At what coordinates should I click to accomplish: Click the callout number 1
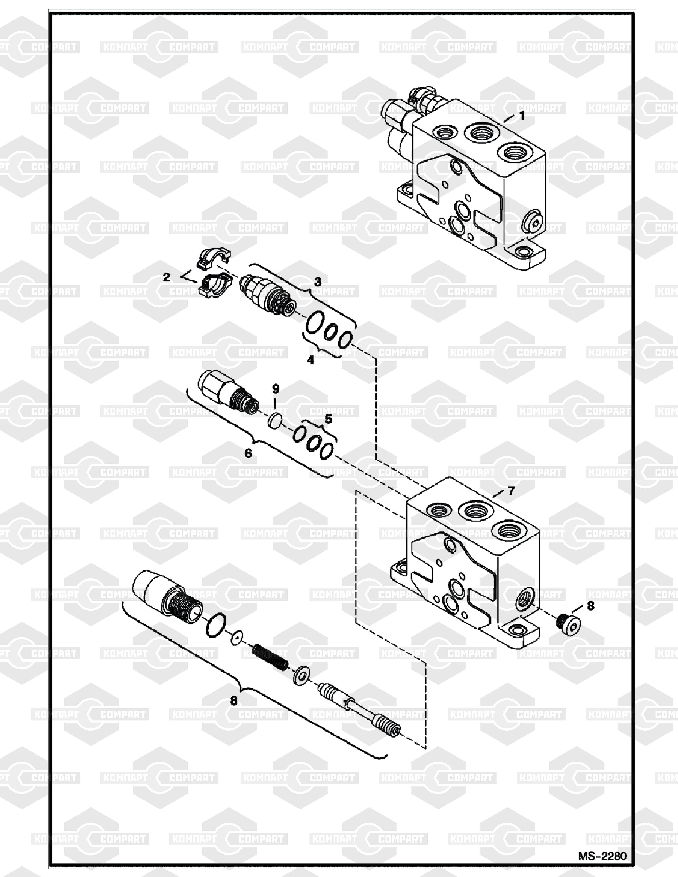click(x=522, y=116)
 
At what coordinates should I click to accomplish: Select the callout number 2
click(x=166, y=277)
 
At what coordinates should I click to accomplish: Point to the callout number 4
click(x=310, y=360)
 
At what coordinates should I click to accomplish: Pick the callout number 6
click(x=248, y=453)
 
